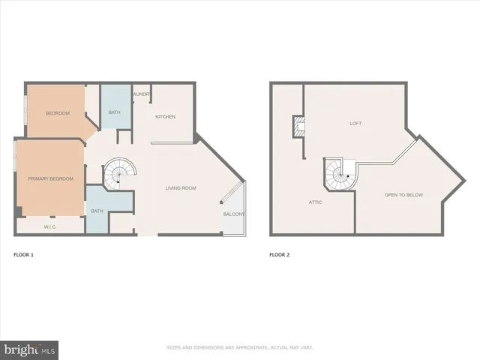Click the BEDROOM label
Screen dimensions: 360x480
[x=58, y=113]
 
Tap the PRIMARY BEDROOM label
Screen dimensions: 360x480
[x=51, y=178]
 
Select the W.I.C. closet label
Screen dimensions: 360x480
[x=51, y=225]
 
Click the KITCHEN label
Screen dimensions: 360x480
[x=165, y=117]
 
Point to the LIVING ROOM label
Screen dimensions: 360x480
[x=181, y=188]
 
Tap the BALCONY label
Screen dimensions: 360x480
[x=233, y=214]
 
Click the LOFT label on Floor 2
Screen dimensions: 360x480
[x=355, y=123]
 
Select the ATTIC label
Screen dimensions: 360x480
[x=316, y=202]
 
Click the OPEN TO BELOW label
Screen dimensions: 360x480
[x=404, y=194]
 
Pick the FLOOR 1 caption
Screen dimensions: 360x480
[x=23, y=255]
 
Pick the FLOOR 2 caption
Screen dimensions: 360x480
[x=279, y=255]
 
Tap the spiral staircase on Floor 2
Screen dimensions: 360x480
[x=340, y=175]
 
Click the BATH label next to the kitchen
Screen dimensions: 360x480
[x=114, y=112]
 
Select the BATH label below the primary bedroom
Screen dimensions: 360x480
[x=97, y=211]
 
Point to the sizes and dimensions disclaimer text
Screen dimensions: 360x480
[x=239, y=347]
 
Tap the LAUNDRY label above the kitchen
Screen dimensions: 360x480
[x=141, y=94]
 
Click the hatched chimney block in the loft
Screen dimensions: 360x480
[x=298, y=127]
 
